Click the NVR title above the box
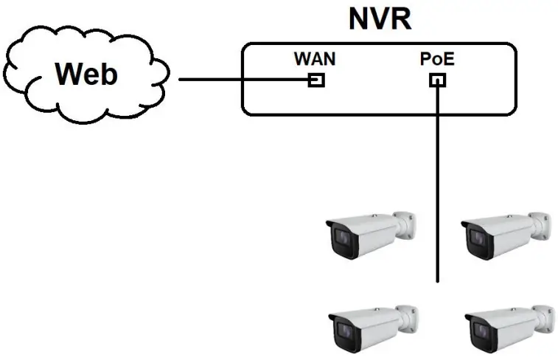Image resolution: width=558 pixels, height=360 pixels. click(x=379, y=18)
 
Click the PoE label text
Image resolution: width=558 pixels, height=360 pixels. click(x=436, y=59)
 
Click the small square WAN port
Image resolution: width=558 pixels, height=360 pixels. click(x=316, y=79)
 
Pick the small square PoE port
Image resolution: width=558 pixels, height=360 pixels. click(x=437, y=79)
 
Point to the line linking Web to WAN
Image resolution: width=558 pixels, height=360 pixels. click(x=243, y=79)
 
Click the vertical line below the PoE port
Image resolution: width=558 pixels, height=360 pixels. click(x=438, y=184)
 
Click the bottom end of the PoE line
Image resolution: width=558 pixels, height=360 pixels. click(x=438, y=280)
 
